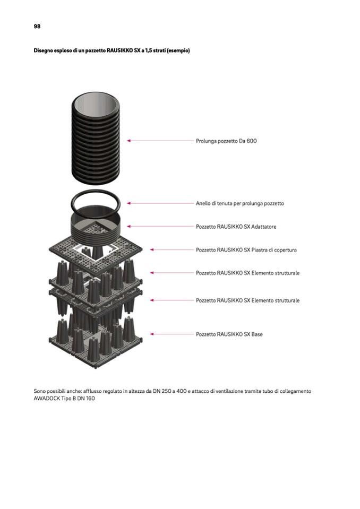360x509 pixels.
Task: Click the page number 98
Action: (37, 27)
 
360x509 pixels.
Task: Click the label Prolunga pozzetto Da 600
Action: (226, 141)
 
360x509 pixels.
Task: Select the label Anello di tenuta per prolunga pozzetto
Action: (240, 203)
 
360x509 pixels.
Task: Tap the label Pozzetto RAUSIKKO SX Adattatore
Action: (236, 227)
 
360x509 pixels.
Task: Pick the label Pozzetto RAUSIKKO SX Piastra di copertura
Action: (246, 250)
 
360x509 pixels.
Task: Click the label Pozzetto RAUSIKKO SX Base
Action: (229, 334)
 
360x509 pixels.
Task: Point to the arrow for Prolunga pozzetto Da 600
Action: (160, 141)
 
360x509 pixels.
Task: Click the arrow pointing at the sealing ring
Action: (160, 203)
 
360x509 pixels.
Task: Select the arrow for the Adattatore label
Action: (160, 226)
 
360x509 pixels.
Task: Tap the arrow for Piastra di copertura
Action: (172, 249)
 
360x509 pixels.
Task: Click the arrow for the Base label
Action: (172, 334)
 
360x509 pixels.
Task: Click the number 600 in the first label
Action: (252, 141)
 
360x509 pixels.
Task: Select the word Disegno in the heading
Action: (42, 50)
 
